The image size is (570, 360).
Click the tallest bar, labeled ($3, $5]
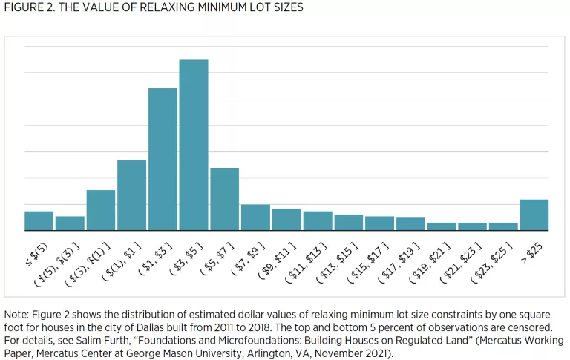point(194,145)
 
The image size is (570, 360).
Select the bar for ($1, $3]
point(163,160)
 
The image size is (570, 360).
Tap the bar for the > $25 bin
point(534,215)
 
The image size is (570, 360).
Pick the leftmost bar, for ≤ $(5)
point(39,221)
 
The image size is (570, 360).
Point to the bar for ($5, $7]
point(224,200)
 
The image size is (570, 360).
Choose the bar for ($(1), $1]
point(131,195)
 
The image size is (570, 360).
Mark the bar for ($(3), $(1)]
point(100,210)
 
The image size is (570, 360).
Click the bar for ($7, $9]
point(255,217)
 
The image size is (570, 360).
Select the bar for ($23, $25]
point(503,226)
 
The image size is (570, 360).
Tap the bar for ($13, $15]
point(348,223)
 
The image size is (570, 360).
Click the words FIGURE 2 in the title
point(27,7)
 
